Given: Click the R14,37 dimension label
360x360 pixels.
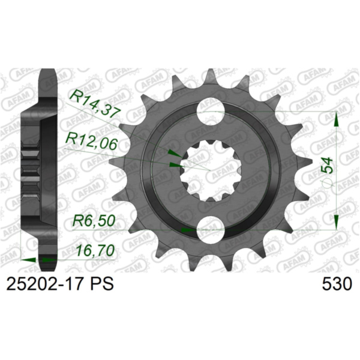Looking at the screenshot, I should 92,101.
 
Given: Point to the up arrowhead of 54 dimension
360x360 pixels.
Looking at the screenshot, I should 337,120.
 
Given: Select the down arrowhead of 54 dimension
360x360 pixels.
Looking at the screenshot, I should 337,219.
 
